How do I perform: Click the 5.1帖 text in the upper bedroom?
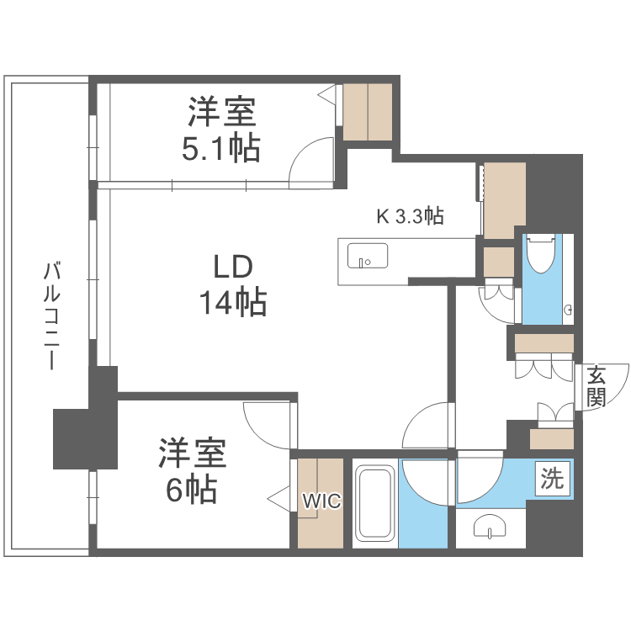221,148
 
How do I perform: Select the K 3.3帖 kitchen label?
410,216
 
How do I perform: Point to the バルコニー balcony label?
53,315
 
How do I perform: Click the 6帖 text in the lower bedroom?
192,488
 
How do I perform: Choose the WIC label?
321,501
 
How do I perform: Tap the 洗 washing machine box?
552,480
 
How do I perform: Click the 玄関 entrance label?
596,387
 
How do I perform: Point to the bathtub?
373,505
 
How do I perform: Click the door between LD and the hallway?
427,427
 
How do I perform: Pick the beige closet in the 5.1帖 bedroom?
368,111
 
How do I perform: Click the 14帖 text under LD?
233,301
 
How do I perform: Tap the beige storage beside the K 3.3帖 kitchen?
504,200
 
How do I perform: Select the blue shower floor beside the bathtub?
423,513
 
